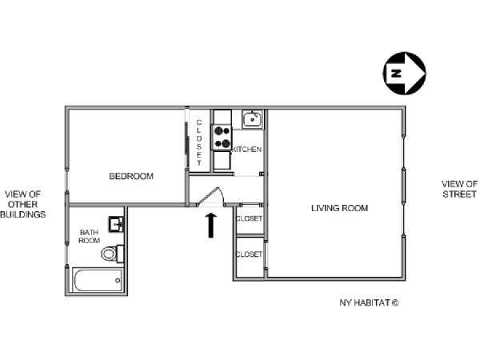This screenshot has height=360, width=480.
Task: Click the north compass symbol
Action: [404, 74]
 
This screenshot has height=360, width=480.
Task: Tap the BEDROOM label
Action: [131, 176]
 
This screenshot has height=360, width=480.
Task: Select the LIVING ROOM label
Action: [339, 208]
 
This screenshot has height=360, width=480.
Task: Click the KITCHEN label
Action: [246, 150]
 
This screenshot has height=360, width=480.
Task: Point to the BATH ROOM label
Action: [89, 237]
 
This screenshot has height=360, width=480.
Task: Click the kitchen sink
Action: [252, 119]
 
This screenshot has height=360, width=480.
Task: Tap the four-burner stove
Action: [222, 137]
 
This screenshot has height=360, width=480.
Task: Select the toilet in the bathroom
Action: [112, 254]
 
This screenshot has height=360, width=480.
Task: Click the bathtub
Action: [98, 280]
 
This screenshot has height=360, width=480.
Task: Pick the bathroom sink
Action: [116, 224]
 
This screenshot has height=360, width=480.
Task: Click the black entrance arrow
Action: [210, 226]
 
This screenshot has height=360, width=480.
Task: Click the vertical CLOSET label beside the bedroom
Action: [199, 142]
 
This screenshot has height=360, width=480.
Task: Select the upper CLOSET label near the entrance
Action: [249, 218]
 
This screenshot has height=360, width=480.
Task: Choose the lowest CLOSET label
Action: [249, 254]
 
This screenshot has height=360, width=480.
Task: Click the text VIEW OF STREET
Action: [459, 189]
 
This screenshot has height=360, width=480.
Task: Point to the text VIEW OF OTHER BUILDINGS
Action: [23, 204]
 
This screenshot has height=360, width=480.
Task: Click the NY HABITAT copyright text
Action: [369, 302]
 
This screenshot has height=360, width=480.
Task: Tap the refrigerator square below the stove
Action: [222, 160]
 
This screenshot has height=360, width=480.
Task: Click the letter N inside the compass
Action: [396, 74]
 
